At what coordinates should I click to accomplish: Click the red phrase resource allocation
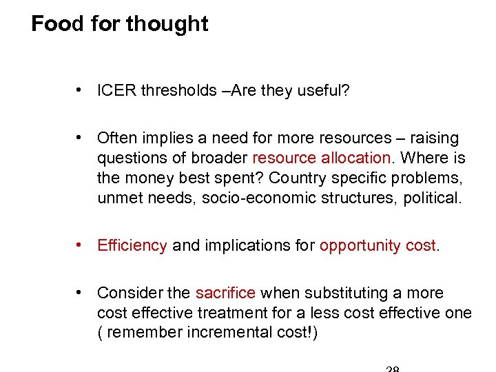coord(321,158)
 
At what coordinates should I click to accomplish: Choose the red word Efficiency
coord(132,245)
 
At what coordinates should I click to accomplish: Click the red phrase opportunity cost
coord(378,245)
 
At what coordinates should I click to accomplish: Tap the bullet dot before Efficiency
coord(81,245)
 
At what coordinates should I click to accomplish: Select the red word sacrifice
coord(225,293)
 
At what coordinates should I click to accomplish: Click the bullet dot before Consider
coord(81,293)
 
